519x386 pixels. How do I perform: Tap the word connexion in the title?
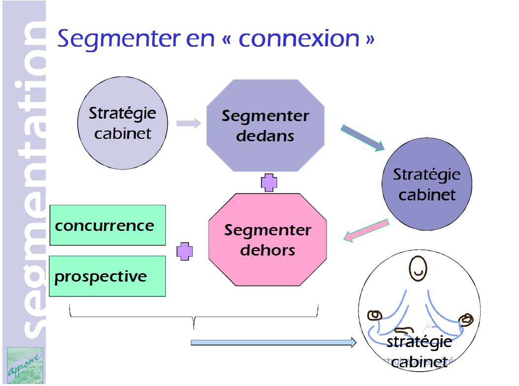tap(299, 38)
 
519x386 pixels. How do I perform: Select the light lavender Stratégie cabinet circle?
tap(123, 123)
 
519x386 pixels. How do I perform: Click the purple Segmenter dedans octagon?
tap(265, 126)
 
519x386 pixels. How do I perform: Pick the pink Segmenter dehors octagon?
tap(267, 240)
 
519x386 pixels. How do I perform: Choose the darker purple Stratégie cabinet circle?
tap(426, 184)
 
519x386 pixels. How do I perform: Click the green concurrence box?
tap(107, 225)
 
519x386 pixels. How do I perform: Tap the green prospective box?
tap(107, 276)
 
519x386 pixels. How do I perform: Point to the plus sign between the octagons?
tap(268, 183)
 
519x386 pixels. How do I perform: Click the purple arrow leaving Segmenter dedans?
tap(362, 138)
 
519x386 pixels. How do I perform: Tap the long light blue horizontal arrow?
tap(273, 343)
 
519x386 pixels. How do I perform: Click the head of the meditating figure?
tap(419, 270)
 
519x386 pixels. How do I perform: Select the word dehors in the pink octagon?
tap(267, 250)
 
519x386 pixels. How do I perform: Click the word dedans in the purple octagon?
tap(265, 136)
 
